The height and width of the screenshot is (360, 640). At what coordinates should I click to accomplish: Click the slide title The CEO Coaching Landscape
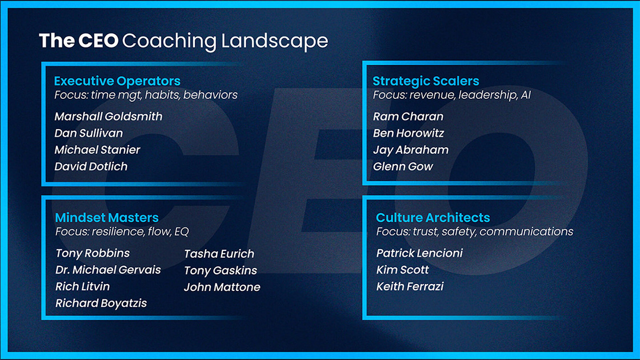pyautogui.click(x=183, y=41)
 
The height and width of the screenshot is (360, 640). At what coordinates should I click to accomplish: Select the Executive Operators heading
pyautogui.click(x=117, y=81)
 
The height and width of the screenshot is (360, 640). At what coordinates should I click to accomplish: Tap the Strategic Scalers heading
pyautogui.click(x=426, y=81)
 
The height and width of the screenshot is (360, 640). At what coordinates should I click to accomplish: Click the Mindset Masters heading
pyautogui.click(x=107, y=218)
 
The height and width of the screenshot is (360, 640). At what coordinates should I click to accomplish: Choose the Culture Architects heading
pyautogui.click(x=433, y=218)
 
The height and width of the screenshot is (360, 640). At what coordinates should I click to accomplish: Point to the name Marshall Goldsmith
pyautogui.click(x=109, y=117)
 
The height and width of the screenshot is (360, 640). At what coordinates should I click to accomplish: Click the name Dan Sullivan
pyautogui.click(x=89, y=133)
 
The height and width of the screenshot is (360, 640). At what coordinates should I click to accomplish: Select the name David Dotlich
pyautogui.click(x=91, y=167)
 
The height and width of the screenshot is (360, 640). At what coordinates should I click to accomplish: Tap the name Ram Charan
pyautogui.click(x=408, y=117)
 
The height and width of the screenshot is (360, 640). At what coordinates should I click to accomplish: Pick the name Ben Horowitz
pyautogui.click(x=408, y=133)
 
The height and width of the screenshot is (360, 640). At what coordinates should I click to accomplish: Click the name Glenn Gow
pyautogui.click(x=403, y=167)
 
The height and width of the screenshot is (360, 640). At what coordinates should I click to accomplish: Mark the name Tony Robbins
pyautogui.click(x=93, y=253)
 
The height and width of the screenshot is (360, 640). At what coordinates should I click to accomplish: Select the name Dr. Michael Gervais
pyautogui.click(x=108, y=270)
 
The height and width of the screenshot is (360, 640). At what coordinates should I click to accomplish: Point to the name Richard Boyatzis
pyautogui.click(x=101, y=303)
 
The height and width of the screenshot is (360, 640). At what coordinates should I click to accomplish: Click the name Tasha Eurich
pyautogui.click(x=219, y=254)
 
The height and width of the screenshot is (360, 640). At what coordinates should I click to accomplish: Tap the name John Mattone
pyautogui.click(x=222, y=287)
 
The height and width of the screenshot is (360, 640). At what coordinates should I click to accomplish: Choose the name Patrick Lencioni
pyautogui.click(x=419, y=253)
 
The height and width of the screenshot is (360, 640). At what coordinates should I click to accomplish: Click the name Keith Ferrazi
pyautogui.click(x=410, y=287)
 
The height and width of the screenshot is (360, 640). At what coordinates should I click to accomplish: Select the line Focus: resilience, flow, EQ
pyautogui.click(x=122, y=232)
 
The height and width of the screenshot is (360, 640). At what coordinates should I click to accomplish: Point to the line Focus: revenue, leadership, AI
pyautogui.click(x=451, y=95)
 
